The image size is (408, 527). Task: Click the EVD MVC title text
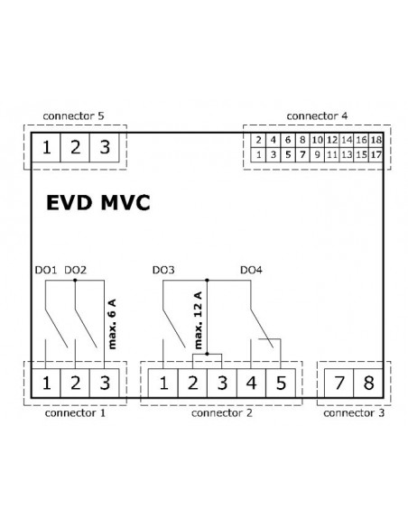(97, 203)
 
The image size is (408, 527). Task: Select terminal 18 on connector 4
(376, 140)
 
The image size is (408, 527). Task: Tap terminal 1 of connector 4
(258, 154)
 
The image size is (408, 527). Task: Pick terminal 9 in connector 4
(317, 154)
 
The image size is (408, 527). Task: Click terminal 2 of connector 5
(75, 147)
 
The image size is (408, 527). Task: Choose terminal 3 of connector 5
(105, 147)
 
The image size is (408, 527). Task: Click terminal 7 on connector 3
(339, 383)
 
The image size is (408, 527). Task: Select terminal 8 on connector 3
(368, 383)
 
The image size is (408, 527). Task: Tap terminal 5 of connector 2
(281, 383)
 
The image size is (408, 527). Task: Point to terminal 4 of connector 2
(251, 383)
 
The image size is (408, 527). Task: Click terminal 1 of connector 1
(46, 383)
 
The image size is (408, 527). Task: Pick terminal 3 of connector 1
(105, 383)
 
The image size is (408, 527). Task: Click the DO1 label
(46, 270)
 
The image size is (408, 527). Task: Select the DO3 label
(163, 270)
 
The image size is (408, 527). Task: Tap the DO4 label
(251, 270)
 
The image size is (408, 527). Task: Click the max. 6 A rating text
(112, 324)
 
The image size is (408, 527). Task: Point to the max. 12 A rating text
(198, 320)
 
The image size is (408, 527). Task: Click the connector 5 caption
(74, 116)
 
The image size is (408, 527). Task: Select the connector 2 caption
(221, 412)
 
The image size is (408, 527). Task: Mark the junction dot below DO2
(75, 280)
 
